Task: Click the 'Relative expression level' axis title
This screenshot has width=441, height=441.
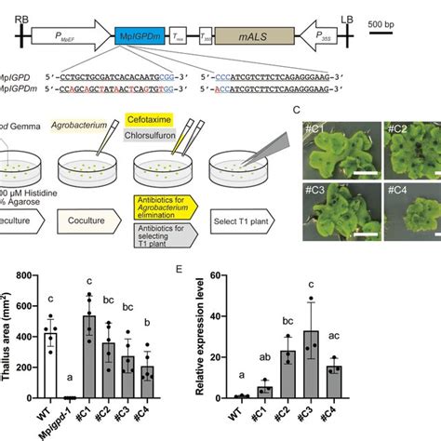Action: [x=186, y=336]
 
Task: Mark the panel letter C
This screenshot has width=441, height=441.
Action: [x=296, y=110]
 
